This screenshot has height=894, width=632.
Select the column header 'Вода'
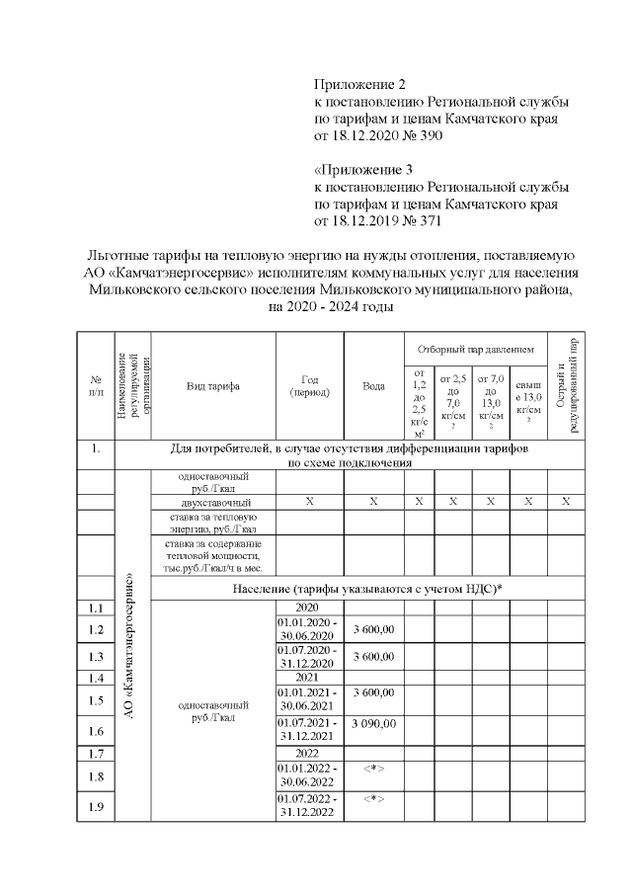click(373, 386)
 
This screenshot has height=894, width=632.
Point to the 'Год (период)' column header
click(309, 386)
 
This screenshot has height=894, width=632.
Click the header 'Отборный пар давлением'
click(476, 350)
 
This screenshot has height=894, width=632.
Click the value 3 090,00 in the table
click(373, 724)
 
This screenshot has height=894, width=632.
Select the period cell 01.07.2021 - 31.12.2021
click(309, 731)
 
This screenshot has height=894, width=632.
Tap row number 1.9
click(97, 805)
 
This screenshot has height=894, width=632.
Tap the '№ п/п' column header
click(97, 386)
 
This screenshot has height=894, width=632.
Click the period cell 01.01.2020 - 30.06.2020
click(309, 630)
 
